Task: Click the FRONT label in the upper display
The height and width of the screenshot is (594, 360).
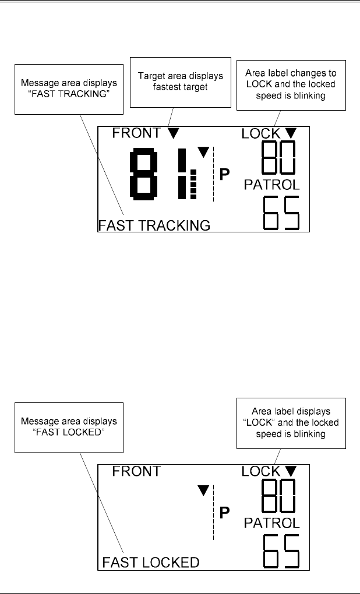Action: (x=136, y=133)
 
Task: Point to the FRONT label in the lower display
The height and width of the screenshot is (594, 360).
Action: (x=136, y=471)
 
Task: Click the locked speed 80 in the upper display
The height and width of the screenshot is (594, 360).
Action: (x=278, y=158)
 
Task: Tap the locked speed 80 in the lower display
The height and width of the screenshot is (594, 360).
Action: (x=278, y=495)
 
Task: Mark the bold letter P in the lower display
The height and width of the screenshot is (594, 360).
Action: (x=224, y=512)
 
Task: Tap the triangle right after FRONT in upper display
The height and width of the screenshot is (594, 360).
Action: (x=173, y=134)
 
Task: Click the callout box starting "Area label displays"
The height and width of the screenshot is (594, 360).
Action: (x=291, y=422)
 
